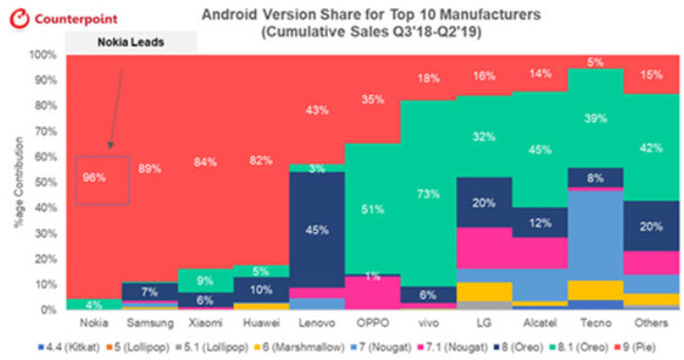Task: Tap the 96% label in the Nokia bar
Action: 95,177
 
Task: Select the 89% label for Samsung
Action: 150,168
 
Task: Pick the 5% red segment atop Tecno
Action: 595,62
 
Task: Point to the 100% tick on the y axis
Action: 43,55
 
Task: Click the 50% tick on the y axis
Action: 45,182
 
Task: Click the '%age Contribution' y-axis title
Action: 16,182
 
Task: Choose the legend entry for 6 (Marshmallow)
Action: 282,347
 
